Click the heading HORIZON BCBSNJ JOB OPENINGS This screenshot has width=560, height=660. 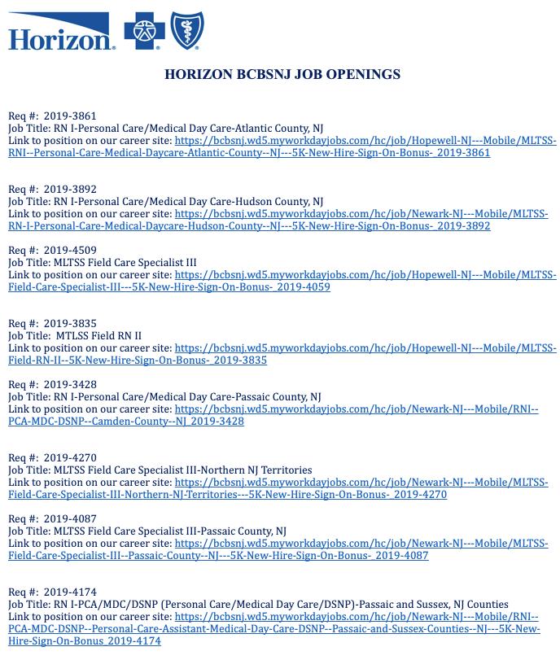pos(282,74)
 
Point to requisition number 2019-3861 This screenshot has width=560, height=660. pos(70,116)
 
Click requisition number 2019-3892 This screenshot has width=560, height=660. pos(70,189)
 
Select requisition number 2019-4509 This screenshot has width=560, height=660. pos(70,250)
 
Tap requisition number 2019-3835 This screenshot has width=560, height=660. pos(70,323)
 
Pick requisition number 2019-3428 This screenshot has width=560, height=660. pos(70,384)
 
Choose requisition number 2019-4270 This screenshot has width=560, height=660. pos(70,457)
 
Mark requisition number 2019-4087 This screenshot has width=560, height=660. pos(70,518)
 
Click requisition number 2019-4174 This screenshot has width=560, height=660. pos(70,592)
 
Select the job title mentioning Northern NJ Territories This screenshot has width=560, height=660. pos(160,470)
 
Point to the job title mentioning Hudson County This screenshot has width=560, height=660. pos(166,201)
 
